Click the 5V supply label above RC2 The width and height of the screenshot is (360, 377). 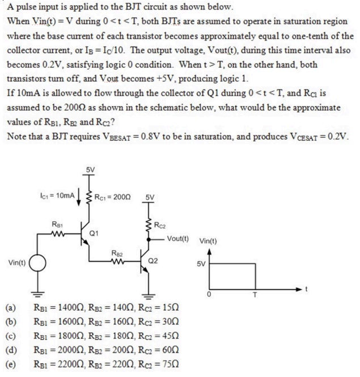[x=152, y=198]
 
